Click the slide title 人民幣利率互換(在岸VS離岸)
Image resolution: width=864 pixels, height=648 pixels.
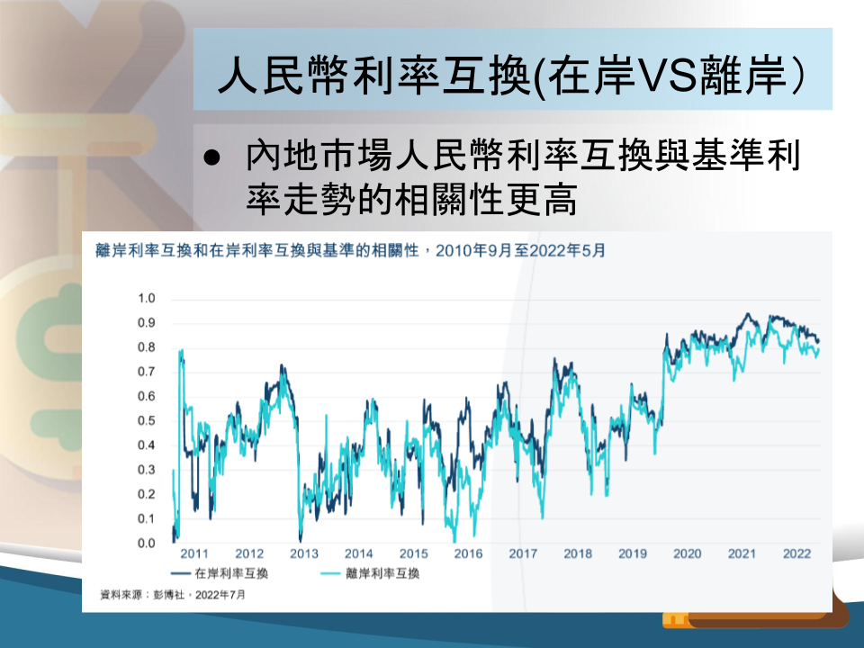point(512,75)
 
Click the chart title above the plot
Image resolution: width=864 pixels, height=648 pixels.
point(350,251)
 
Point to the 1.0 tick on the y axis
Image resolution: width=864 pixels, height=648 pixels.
point(147,298)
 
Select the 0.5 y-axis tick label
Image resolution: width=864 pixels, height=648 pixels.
point(147,421)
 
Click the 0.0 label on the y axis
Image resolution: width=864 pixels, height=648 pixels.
point(147,544)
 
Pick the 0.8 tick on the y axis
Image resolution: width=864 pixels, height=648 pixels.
point(147,347)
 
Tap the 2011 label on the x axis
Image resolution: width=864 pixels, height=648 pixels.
point(194,553)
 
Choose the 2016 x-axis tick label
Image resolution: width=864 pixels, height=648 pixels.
point(468,553)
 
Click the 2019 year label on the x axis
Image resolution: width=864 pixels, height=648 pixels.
point(633,553)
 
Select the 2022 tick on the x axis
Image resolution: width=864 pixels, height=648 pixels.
point(796,553)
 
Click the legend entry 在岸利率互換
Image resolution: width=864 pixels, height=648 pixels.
point(220,573)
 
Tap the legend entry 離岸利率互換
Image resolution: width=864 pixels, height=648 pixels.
point(370,573)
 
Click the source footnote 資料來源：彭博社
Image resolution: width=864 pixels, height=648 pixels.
point(142,595)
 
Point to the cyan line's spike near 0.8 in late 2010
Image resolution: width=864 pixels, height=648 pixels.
point(181,350)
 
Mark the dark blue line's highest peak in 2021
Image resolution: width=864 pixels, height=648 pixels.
point(748,314)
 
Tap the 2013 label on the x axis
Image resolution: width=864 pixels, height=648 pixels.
point(304,553)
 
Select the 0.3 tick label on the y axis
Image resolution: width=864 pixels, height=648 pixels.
point(147,470)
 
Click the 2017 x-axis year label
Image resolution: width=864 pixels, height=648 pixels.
point(523,553)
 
